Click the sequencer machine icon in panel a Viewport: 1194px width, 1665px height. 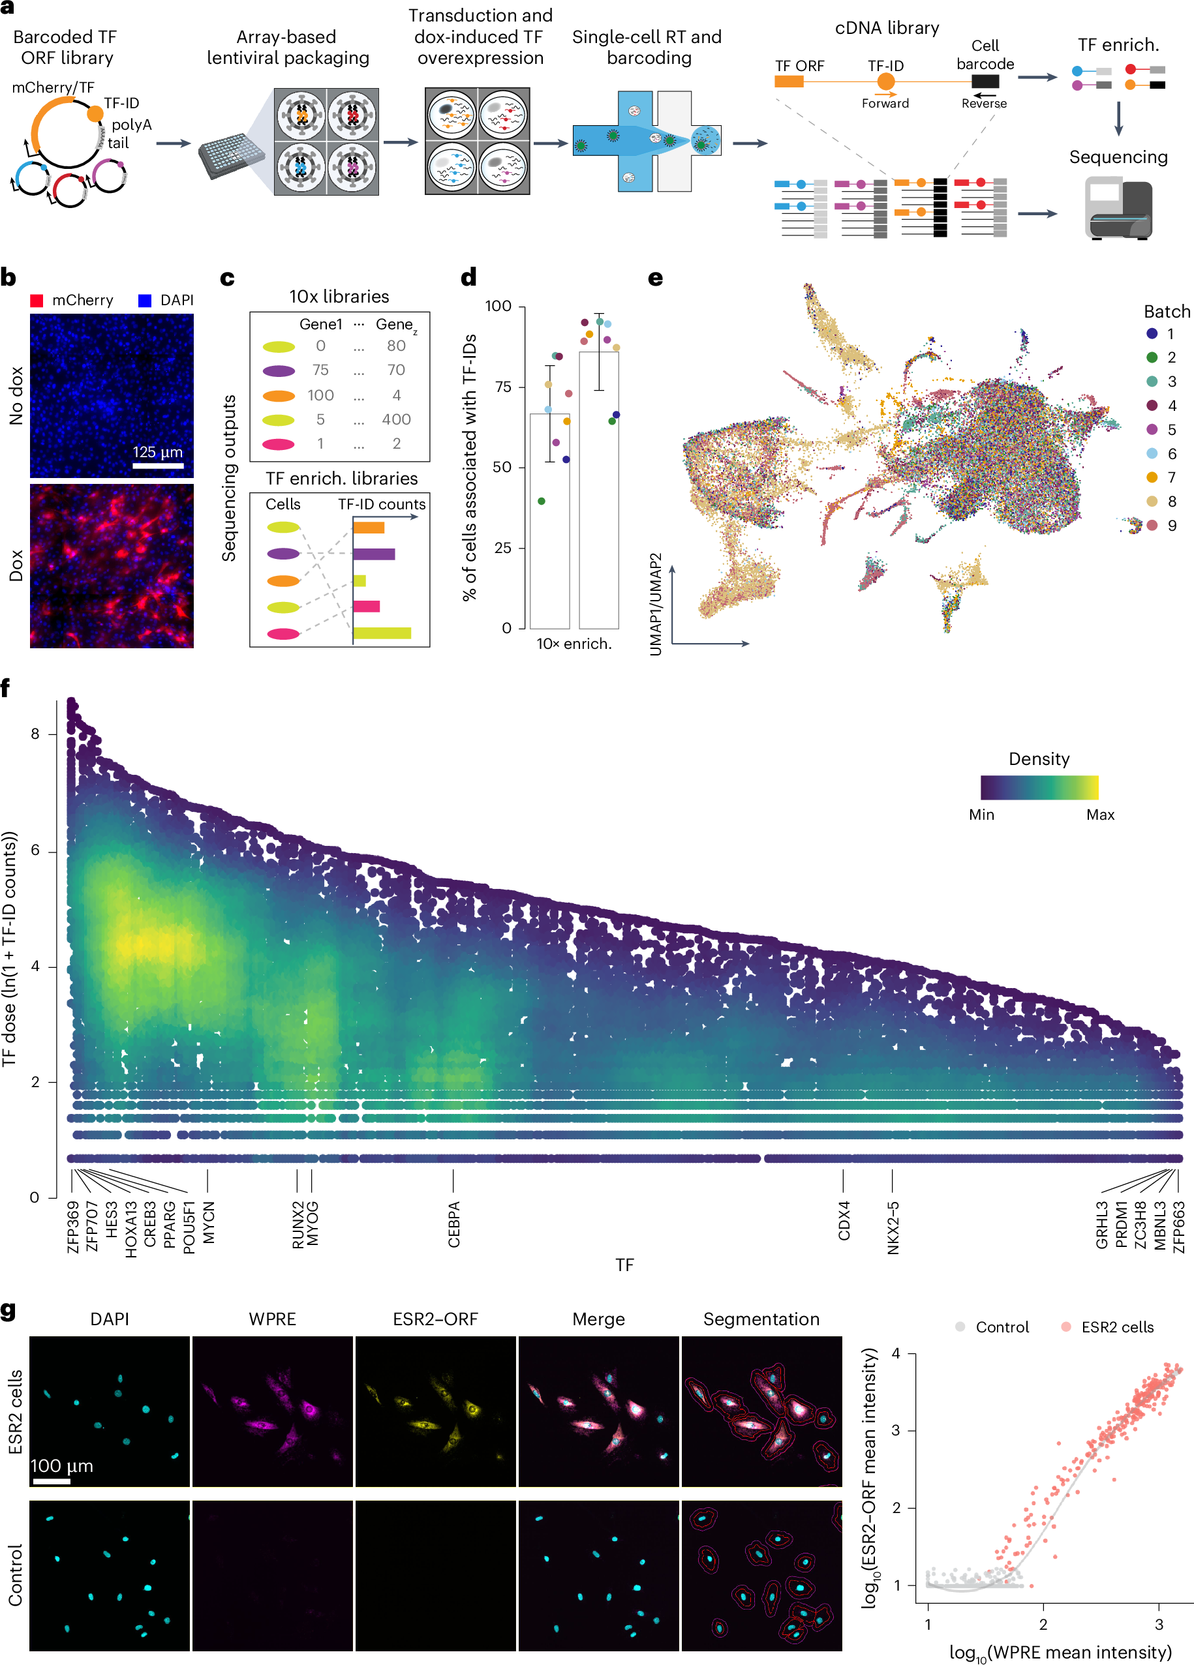click(x=1118, y=209)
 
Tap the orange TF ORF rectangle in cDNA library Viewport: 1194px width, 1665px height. click(x=789, y=82)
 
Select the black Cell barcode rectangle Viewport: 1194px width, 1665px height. click(x=984, y=82)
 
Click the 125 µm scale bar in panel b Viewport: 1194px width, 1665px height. click(x=157, y=466)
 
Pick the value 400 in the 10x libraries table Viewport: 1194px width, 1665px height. click(x=396, y=419)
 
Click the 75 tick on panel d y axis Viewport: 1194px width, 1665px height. click(x=502, y=387)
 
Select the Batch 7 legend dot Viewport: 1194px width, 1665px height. click(x=1152, y=477)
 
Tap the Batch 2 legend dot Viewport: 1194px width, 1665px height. click(x=1152, y=357)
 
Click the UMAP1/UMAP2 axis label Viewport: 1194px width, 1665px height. click(x=656, y=603)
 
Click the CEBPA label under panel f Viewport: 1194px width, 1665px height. click(x=454, y=1223)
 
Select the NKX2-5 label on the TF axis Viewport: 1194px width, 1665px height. click(x=893, y=1227)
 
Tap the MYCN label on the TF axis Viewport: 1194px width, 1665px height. click(x=209, y=1222)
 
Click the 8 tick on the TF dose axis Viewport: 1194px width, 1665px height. click(x=35, y=734)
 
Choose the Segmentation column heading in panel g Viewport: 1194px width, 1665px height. click(x=761, y=1319)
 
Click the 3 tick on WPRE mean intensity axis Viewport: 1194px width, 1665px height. click(x=1158, y=1625)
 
